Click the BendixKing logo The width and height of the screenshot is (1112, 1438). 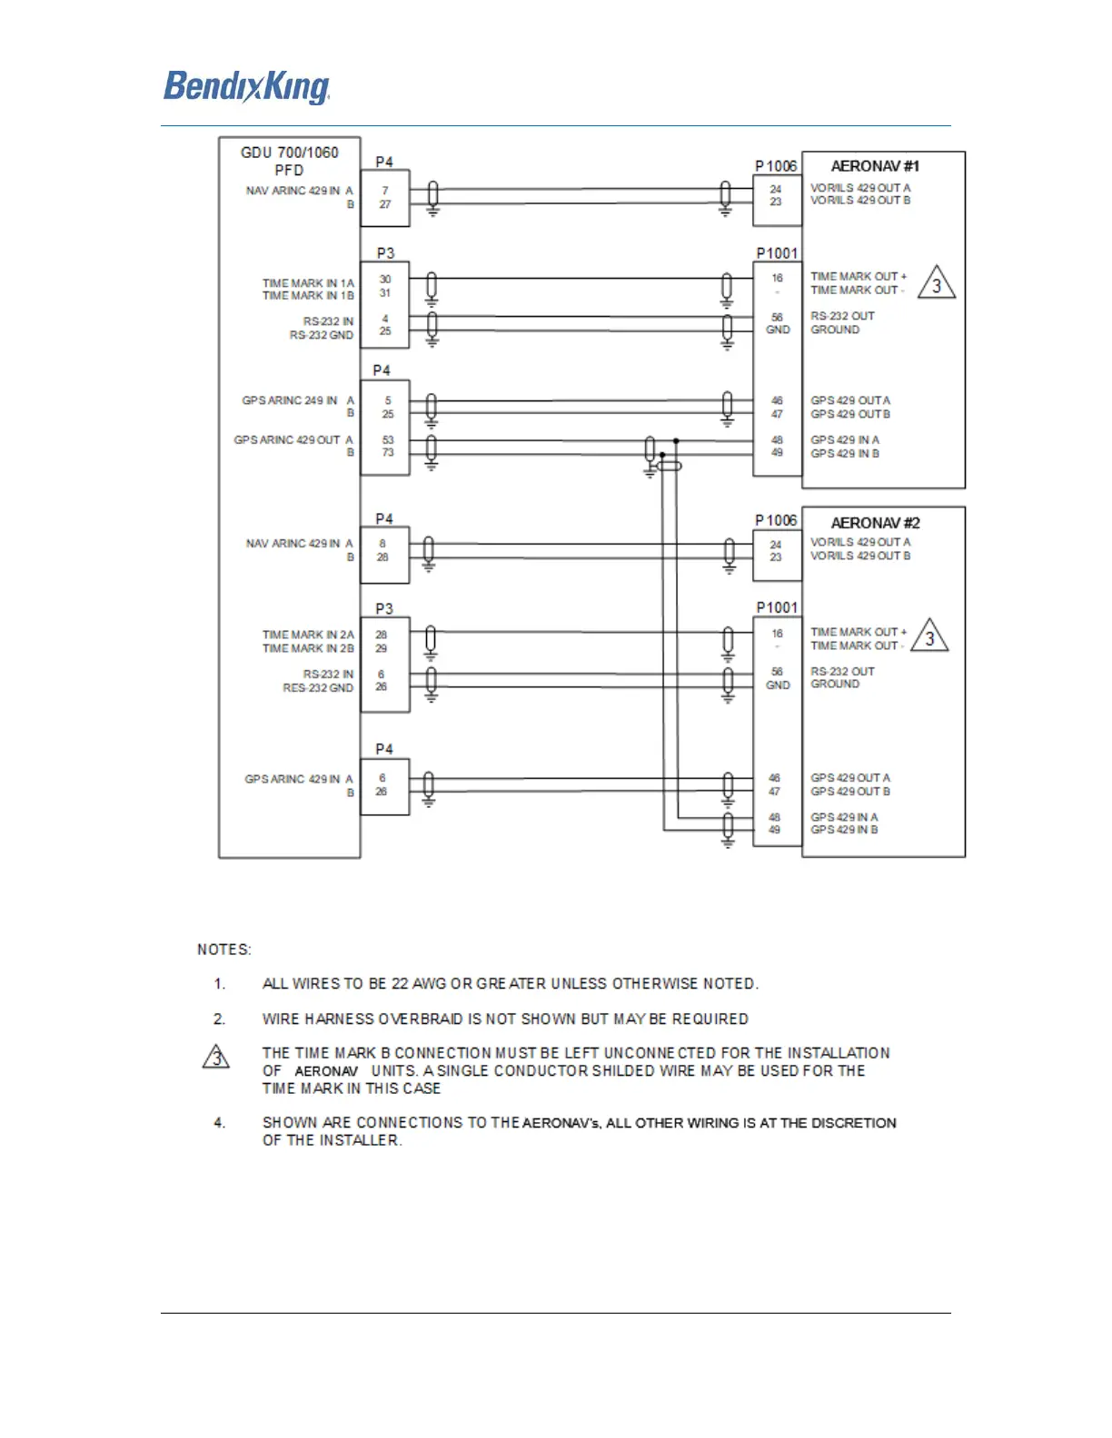246,87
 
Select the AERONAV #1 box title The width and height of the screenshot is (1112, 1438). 875,166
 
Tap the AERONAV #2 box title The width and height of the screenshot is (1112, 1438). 875,523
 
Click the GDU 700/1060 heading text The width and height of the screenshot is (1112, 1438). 289,153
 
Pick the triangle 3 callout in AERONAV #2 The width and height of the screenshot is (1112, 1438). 929,637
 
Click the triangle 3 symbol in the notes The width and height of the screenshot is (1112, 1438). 216,1058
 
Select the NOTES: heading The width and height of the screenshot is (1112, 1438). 224,950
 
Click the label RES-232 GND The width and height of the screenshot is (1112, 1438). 318,688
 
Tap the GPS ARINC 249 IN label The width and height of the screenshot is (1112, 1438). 289,400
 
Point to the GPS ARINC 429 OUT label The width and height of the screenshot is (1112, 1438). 287,440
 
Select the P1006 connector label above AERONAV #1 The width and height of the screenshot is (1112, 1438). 776,166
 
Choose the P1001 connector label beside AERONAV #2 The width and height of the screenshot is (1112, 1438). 777,607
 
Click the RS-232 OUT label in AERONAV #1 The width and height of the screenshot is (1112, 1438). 842,316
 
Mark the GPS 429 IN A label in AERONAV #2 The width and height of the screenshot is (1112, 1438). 844,817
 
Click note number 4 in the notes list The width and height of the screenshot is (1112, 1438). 220,1123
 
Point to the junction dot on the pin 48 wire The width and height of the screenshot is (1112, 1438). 677,441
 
